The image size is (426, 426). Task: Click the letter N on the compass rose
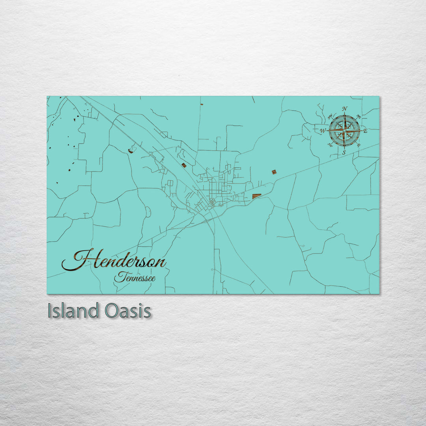pos(344,109)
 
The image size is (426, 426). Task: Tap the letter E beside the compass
pos(365,131)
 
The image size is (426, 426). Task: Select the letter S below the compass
pos(344,152)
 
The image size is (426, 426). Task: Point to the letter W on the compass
pos(323,131)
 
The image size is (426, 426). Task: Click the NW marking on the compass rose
pos(330,117)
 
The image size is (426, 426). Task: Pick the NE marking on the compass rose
pos(358,116)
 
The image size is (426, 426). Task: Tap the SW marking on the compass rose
pos(330,145)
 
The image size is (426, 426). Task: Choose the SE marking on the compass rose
pos(358,145)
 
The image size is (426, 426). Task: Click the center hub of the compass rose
pos(344,130)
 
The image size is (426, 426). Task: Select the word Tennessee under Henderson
pos(135,278)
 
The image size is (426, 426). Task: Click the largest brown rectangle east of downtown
pos(256,196)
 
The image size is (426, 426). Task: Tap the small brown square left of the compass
pos(274,172)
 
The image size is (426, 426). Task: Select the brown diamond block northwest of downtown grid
pos(184,165)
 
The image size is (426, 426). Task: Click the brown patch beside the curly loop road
pos(131,150)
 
